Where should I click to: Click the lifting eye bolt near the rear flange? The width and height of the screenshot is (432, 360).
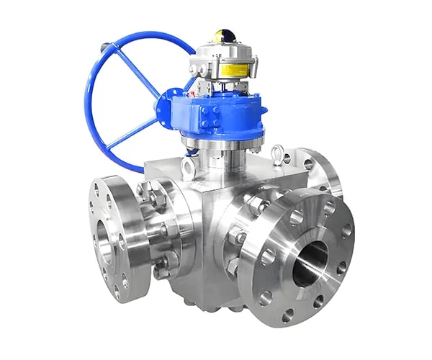pos(278,153)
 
